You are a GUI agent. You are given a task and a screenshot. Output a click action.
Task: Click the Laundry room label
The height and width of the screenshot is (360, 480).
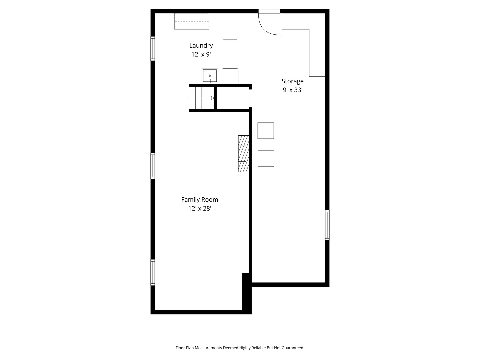pyautogui.click(x=201, y=46)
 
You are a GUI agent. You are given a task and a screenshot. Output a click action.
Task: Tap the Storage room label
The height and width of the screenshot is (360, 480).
pyautogui.click(x=292, y=81)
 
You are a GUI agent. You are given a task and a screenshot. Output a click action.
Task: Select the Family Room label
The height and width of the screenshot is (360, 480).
pyautogui.click(x=199, y=200)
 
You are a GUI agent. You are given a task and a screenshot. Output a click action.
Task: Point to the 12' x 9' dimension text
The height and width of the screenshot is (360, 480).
pyautogui.click(x=201, y=54)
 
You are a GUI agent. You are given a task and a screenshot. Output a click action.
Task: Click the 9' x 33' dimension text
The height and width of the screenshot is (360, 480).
pyautogui.click(x=292, y=90)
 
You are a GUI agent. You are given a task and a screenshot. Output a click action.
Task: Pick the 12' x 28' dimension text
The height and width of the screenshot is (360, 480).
pyautogui.click(x=199, y=209)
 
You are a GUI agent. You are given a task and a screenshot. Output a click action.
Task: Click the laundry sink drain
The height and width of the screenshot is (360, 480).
pyautogui.click(x=210, y=76)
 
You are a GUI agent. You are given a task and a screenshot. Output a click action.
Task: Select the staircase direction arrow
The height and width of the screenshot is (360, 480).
pyautogui.click(x=213, y=98)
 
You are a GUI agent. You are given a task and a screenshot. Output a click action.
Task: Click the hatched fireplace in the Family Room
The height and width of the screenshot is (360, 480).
pyautogui.click(x=244, y=153)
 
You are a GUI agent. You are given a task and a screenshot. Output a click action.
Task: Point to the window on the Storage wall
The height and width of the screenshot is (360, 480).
pyautogui.click(x=327, y=225)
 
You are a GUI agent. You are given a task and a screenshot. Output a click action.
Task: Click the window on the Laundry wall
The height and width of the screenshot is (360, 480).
pyautogui.click(x=153, y=48)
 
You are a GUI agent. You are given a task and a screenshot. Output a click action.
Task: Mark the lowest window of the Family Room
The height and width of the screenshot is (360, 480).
pyautogui.click(x=153, y=272)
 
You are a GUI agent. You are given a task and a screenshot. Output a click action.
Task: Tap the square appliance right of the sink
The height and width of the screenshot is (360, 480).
pyautogui.click(x=230, y=76)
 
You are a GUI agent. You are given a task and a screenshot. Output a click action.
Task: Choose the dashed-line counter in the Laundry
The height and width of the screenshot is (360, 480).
pyautogui.click(x=191, y=21)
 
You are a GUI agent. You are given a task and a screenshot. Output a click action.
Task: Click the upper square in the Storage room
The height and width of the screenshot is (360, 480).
pyautogui.click(x=265, y=130)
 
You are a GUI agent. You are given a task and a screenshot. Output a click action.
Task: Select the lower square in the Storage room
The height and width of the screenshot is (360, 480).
pyautogui.click(x=266, y=158)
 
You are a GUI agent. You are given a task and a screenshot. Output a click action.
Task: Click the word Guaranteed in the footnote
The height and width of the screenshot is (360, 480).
pyautogui.click(x=293, y=348)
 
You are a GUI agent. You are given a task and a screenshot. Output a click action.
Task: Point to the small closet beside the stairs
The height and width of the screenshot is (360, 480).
pyautogui.click(x=233, y=98)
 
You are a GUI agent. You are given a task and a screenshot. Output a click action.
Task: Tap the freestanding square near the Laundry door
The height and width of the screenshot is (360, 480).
pyautogui.click(x=230, y=32)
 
